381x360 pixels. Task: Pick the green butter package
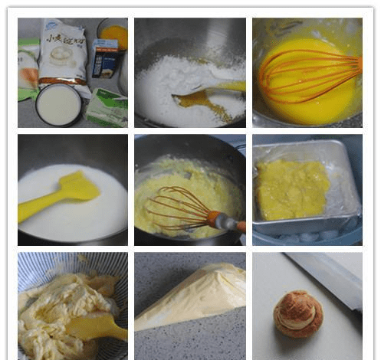click(107, 108)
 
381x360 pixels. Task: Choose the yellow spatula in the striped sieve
click(96, 326)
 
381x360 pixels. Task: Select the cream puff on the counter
click(297, 313)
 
